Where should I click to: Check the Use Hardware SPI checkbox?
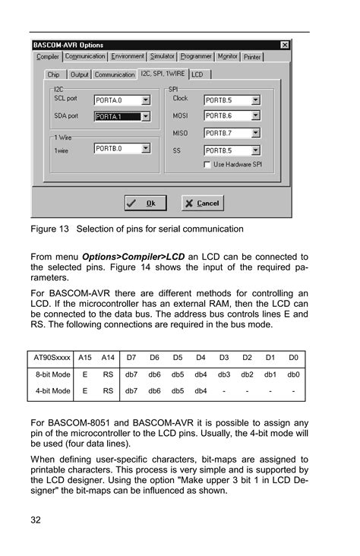coord(207,164)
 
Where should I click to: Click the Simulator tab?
coord(162,56)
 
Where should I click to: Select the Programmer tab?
coord(196,56)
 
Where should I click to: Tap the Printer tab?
coord(252,56)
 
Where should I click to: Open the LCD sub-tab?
coord(197,74)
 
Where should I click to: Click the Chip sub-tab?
coord(53,74)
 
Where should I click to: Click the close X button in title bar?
coord(285,46)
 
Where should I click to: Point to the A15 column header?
coord(85,356)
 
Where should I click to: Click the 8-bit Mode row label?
coord(52,374)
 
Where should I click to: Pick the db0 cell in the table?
coord(293,374)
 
